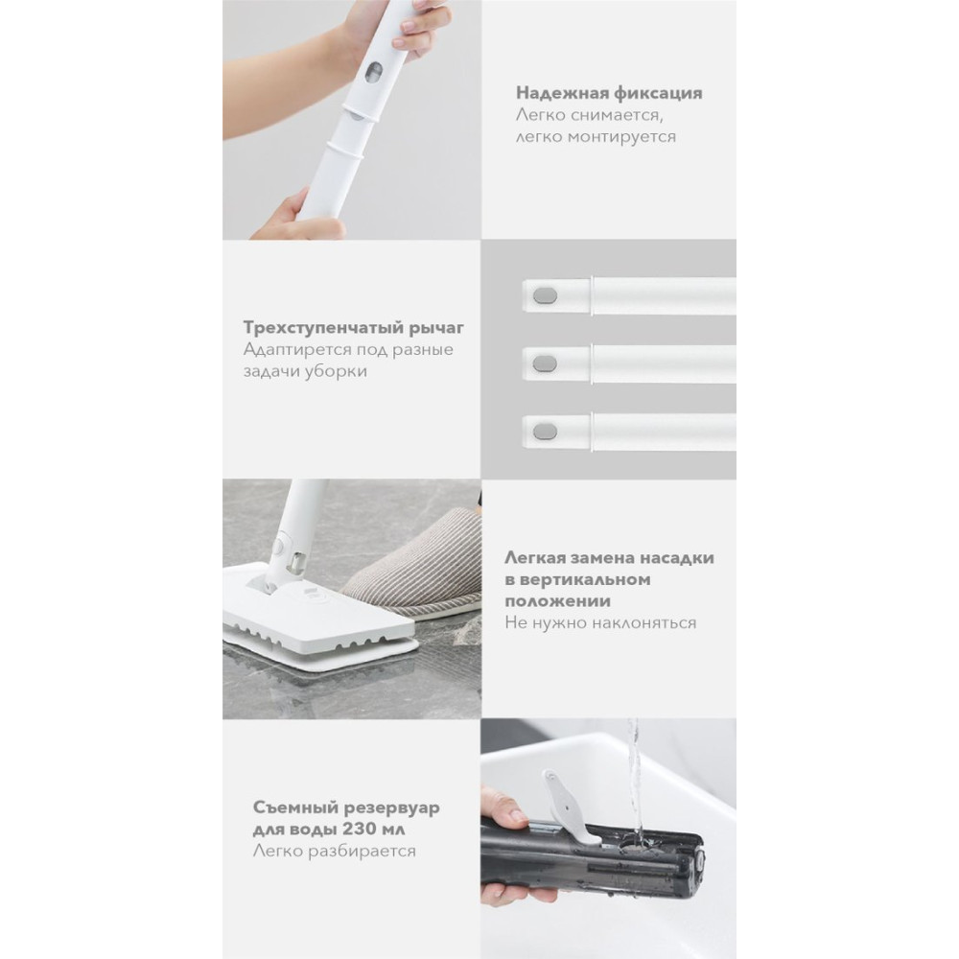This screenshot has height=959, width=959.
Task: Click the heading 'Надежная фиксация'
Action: (609, 93)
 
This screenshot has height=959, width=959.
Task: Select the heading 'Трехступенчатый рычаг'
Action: (354, 328)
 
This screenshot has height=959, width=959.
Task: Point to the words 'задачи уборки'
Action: (305, 371)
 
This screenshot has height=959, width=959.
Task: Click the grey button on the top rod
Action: (545, 296)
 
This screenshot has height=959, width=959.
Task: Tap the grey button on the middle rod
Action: (545, 364)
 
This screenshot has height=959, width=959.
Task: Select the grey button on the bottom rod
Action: (545, 433)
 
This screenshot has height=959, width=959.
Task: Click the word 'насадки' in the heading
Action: (680, 558)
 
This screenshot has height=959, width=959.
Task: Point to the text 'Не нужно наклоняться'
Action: (600, 622)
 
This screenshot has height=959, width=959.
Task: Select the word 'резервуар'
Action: (393, 808)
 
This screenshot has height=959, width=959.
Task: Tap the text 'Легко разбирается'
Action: (335, 851)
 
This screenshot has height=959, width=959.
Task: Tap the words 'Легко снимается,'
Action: (590, 115)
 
